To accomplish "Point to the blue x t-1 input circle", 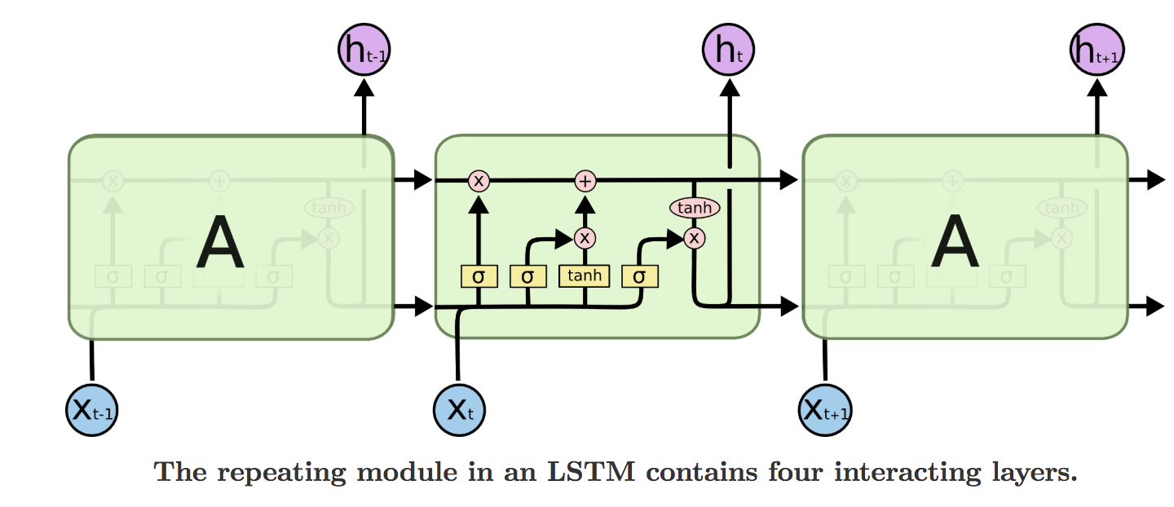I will (x=92, y=409).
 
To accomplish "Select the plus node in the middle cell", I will (x=585, y=180).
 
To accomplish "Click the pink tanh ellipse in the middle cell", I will (x=695, y=208).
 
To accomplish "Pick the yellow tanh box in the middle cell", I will (x=585, y=276).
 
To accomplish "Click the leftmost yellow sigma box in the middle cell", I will (x=479, y=276).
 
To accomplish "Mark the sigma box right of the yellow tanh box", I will (x=639, y=276).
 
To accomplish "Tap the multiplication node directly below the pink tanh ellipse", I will (x=695, y=237).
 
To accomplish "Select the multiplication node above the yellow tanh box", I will (x=585, y=238).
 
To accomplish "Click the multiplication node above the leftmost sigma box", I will (x=479, y=180).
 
